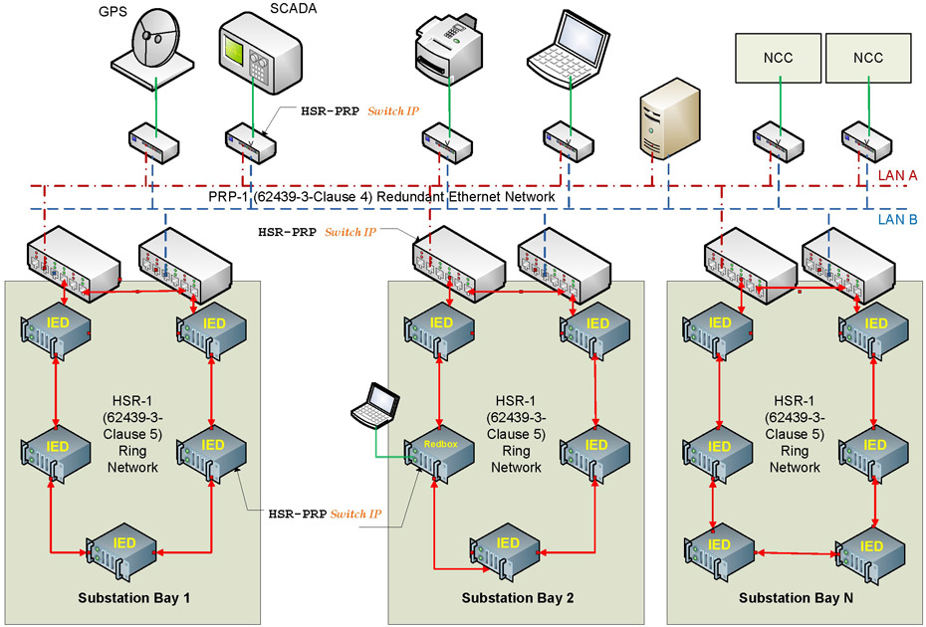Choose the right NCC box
pos(867,58)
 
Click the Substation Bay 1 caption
pos(133,597)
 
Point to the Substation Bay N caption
pos(796,597)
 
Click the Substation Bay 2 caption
pos(518,597)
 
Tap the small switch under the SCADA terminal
pos(249,143)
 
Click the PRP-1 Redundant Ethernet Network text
pos(381,197)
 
